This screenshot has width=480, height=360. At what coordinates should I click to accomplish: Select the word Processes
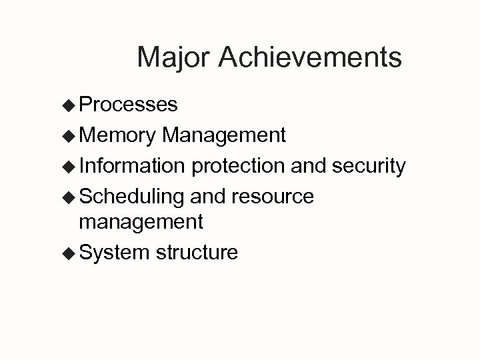[x=128, y=104]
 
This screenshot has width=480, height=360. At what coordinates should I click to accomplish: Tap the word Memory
[x=117, y=136]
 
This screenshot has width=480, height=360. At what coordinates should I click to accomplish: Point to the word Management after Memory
[x=224, y=136]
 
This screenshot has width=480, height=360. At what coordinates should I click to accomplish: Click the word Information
[x=132, y=166]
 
